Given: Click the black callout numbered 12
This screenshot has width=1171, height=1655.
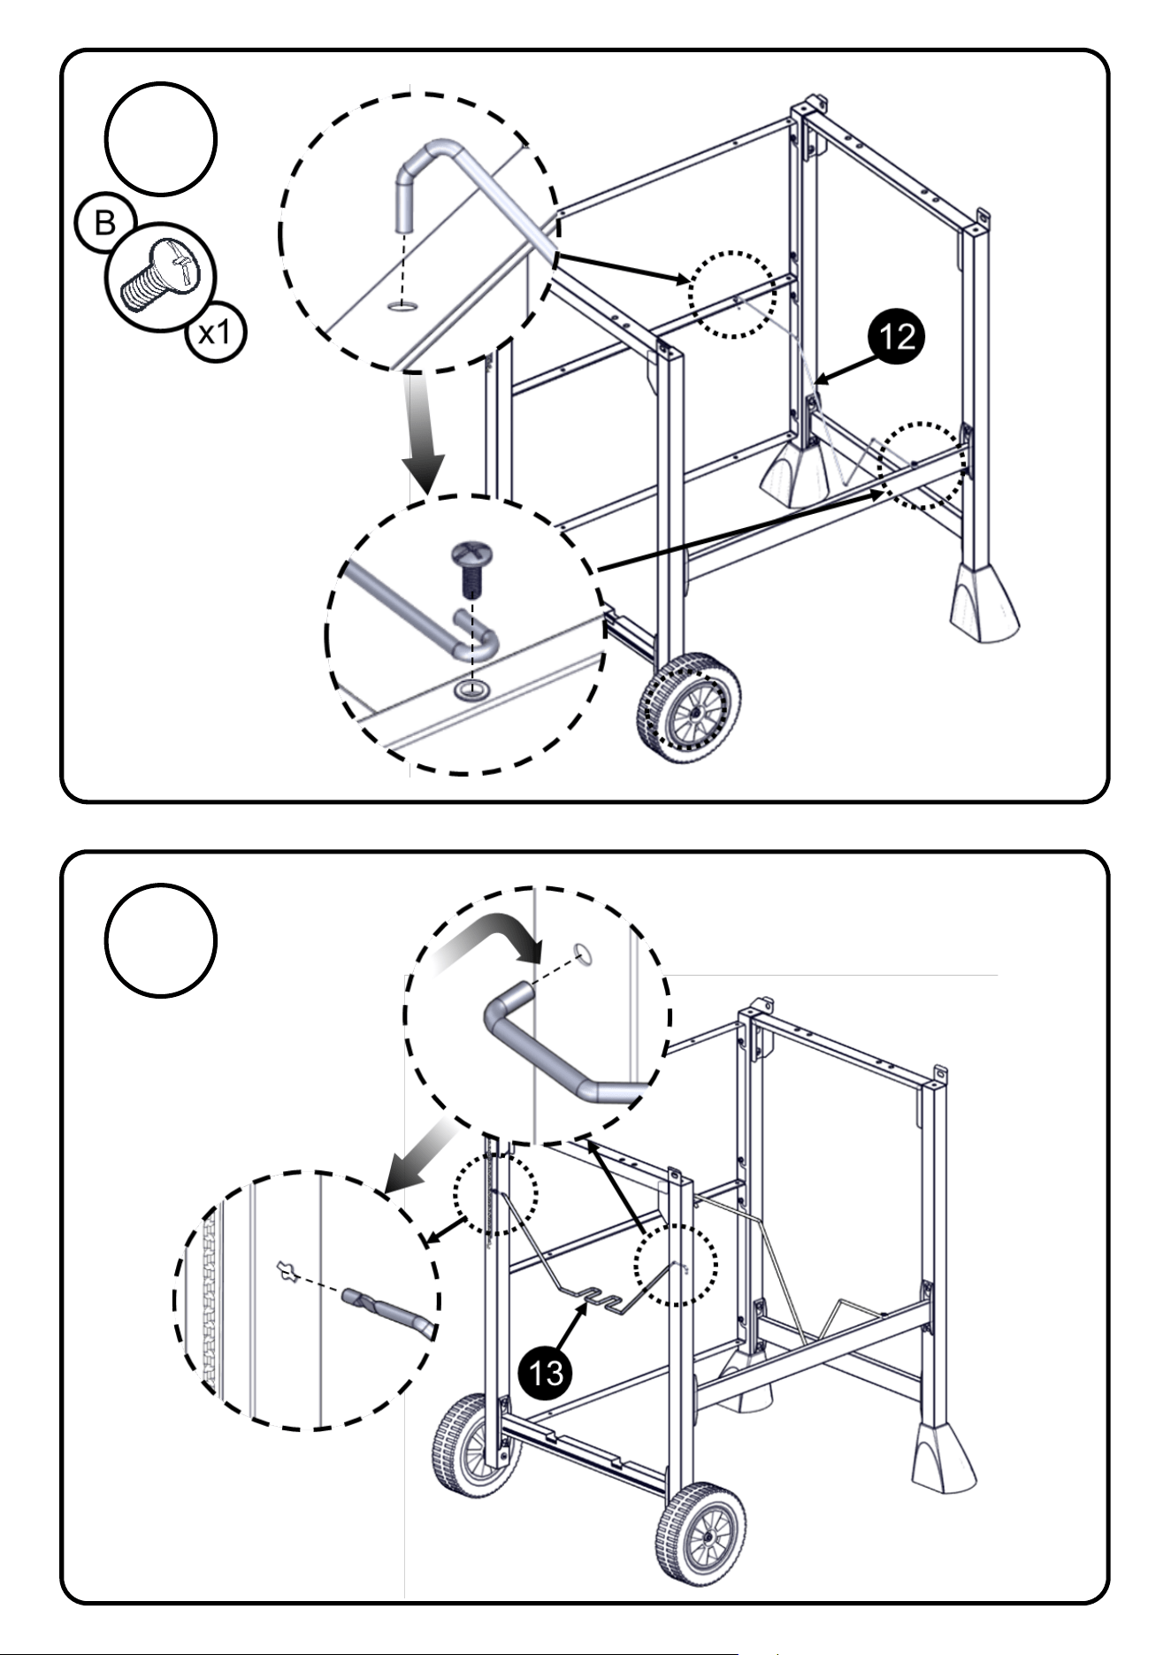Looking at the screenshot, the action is click(x=895, y=337).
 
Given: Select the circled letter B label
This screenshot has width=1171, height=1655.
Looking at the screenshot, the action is click(x=105, y=223).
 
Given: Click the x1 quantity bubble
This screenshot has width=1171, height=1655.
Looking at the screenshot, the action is click(x=216, y=333).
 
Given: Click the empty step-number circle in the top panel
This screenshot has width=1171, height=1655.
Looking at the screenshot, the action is click(x=160, y=139).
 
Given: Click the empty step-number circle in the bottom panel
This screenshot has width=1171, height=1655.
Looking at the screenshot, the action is click(x=160, y=940).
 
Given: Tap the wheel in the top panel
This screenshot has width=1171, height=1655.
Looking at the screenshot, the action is click(x=689, y=708).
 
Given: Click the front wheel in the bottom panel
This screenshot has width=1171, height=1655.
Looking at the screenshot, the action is click(x=700, y=1533).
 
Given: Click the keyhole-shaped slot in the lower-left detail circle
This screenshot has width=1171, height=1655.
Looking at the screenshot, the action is click(x=286, y=1271).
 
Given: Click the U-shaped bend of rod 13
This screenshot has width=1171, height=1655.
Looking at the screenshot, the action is click(x=600, y=1299).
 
